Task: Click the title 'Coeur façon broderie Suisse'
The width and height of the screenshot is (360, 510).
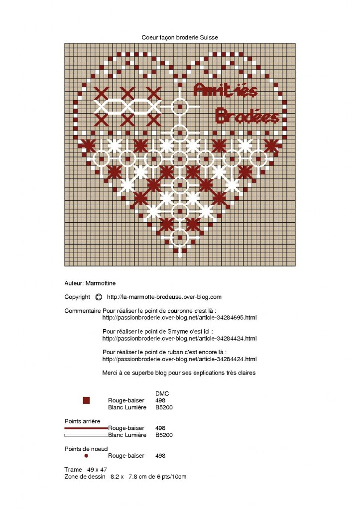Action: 180,37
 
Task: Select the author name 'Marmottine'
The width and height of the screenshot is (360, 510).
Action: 100,283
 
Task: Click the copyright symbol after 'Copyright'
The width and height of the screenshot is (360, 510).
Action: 98,297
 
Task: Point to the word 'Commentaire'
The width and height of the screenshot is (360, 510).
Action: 82,311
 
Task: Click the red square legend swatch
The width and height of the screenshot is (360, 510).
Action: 86,400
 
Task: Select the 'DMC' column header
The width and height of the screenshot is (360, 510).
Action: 162,393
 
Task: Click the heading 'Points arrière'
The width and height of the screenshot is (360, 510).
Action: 82,421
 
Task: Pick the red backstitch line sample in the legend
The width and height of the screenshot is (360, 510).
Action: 86,428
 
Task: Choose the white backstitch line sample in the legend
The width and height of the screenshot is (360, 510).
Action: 86,435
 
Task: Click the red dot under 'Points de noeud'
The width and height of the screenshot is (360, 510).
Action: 86,456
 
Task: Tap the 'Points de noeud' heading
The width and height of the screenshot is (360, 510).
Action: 86,449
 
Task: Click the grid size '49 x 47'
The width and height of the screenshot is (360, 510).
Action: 97,470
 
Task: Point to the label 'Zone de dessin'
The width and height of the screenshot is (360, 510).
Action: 85,477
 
